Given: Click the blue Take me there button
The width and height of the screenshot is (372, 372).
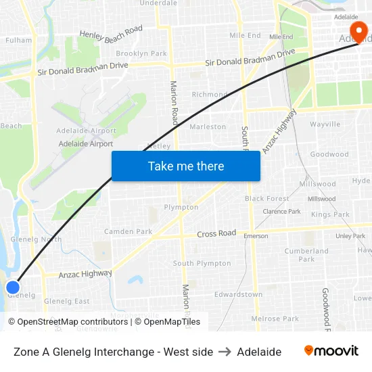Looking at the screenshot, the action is (x=186, y=166).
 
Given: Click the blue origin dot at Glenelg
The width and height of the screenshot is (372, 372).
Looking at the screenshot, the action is (x=13, y=287).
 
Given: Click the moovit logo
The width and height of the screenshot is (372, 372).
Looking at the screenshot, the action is (x=331, y=351).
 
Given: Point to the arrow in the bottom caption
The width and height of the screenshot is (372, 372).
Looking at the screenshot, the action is (x=225, y=352).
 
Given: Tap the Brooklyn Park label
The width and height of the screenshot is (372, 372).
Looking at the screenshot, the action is (x=141, y=53).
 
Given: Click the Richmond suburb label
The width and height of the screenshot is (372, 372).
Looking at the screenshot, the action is (x=210, y=95).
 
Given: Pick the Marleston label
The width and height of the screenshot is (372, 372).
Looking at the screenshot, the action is (x=208, y=126).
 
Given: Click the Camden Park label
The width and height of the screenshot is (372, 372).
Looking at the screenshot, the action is (x=128, y=231).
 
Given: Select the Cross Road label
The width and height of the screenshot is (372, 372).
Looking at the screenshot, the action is (x=216, y=233).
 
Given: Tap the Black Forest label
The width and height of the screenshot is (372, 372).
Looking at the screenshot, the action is (x=266, y=199).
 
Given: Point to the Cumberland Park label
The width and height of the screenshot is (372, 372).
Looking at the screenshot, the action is (x=306, y=255).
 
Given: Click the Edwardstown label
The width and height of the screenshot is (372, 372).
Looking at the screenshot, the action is (x=238, y=295).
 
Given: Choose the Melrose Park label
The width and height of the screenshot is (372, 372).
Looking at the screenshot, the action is (x=275, y=319).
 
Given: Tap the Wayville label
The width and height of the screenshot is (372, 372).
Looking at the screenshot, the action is (x=325, y=124).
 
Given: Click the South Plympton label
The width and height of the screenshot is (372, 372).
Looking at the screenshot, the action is (x=202, y=264).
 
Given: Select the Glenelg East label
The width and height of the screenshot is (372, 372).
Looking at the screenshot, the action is (x=66, y=301).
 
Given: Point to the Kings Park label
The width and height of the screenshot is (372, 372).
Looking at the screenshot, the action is (x=330, y=214).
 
